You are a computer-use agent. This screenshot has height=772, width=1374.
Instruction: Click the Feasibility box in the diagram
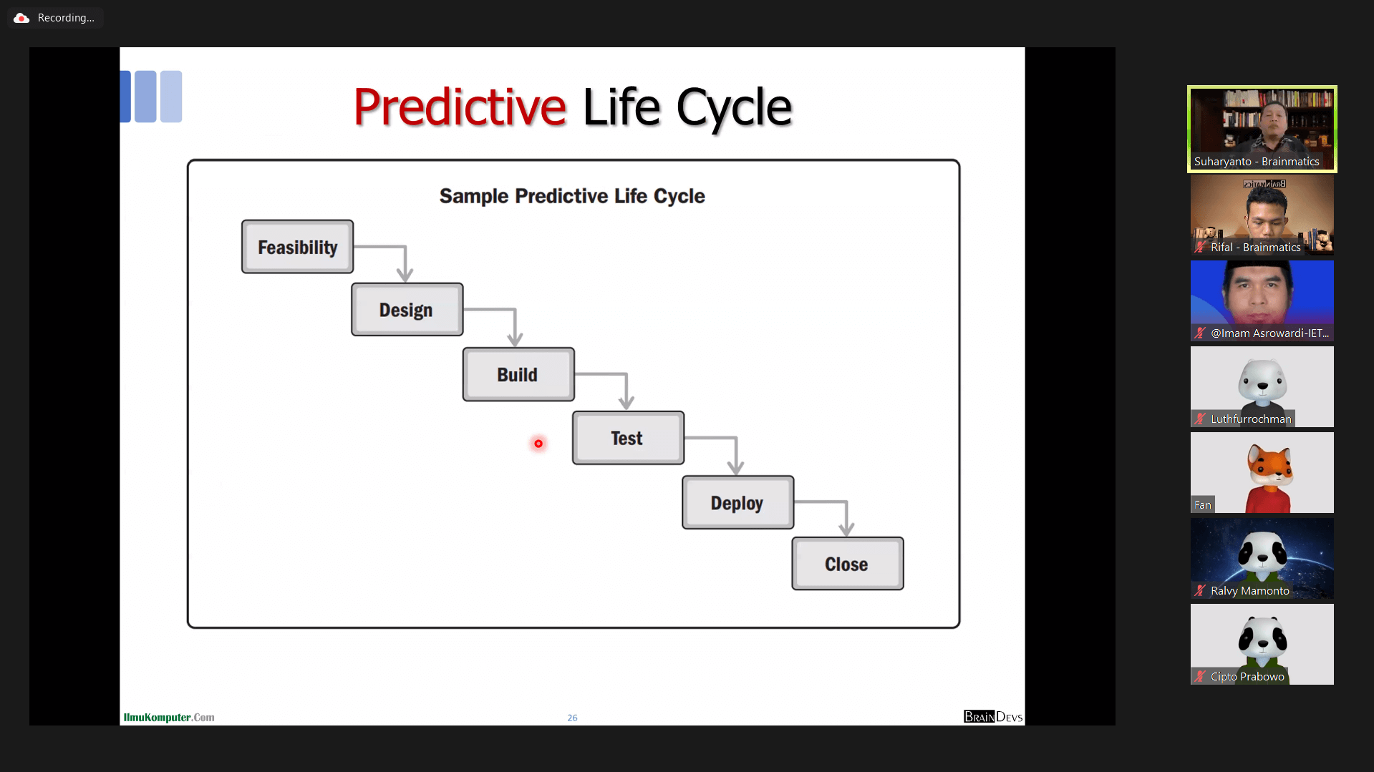click(x=297, y=247)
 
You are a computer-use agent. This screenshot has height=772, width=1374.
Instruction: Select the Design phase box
click(x=407, y=310)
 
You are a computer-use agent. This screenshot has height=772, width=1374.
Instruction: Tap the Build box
click(x=518, y=374)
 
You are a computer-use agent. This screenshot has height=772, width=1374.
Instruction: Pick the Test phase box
click(x=628, y=438)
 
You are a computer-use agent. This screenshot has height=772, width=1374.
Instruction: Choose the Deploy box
click(x=737, y=502)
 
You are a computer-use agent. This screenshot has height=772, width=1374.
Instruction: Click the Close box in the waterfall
click(x=847, y=564)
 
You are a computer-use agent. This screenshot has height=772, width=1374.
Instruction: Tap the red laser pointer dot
click(x=538, y=444)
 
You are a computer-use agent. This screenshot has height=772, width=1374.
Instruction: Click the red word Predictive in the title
click(x=460, y=107)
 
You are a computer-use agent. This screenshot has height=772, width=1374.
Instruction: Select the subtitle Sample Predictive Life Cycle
click(x=572, y=196)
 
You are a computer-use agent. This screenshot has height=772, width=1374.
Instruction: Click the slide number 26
click(x=572, y=718)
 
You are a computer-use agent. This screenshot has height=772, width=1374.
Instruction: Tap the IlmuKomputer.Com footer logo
click(x=169, y=718)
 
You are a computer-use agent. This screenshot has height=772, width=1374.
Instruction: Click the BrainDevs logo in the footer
click(x=993, y=717)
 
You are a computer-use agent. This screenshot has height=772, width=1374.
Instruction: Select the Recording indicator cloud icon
click(x=21, y=18)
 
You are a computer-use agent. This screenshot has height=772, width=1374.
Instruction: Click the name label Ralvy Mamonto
click(x=1249, y=591)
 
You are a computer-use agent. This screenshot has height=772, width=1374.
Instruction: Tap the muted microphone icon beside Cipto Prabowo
click(x=1200, y=677)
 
